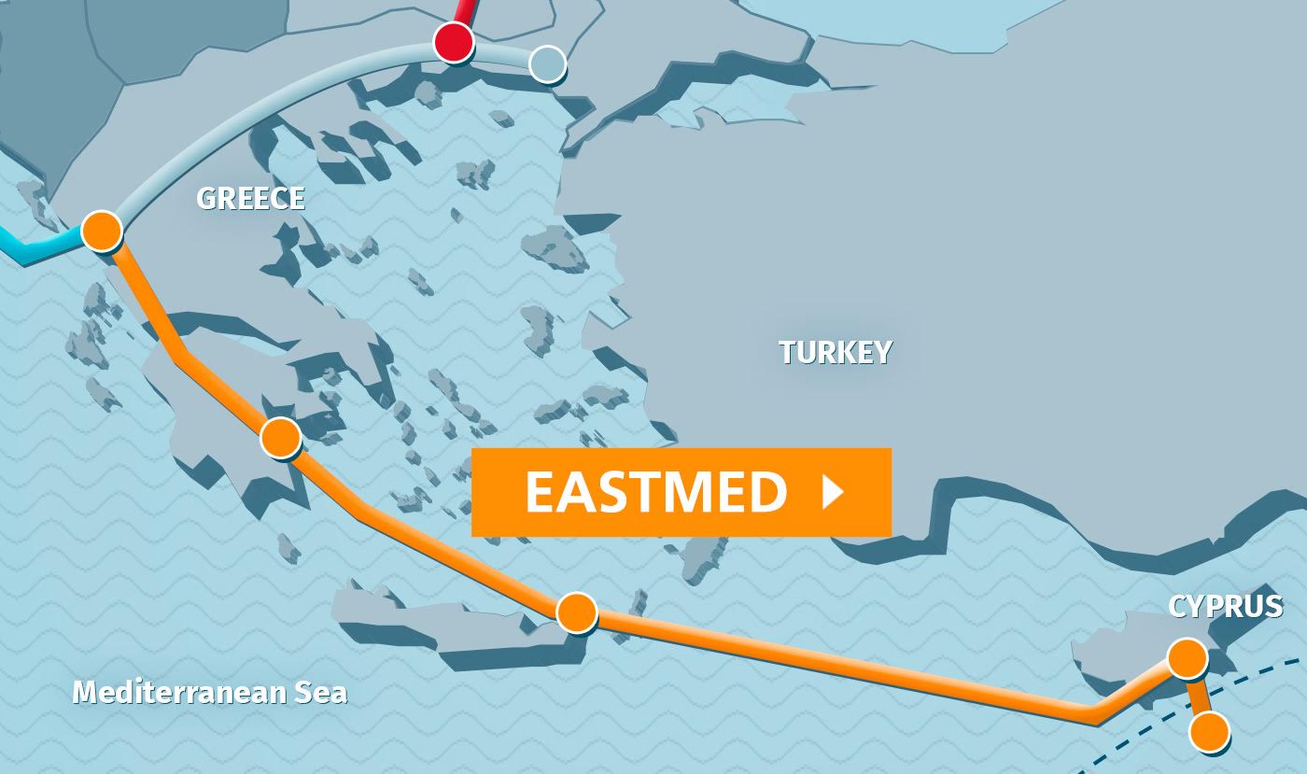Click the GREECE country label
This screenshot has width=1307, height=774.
(x=250, y=198)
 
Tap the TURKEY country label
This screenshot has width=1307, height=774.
(x=835, y=352)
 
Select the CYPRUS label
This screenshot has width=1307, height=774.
(x=1225, y=606)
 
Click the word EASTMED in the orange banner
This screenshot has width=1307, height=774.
(x=656, y=492)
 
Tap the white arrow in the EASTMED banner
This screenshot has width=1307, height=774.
(x=832, y=492)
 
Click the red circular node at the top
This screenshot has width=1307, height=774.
(x=454, y=42)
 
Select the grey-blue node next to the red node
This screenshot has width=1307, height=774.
(x=547, y=64)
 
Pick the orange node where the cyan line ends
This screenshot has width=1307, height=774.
(x=102, y=230)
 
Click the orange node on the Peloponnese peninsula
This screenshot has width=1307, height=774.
(x=281, y=437)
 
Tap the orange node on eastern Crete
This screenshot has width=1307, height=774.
(x=576, y=612)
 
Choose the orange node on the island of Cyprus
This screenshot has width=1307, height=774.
(x=1187, y=658)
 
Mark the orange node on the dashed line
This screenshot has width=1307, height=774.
(x=1210, y=732)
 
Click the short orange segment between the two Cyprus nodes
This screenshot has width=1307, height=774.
(x=1198, y=696)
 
